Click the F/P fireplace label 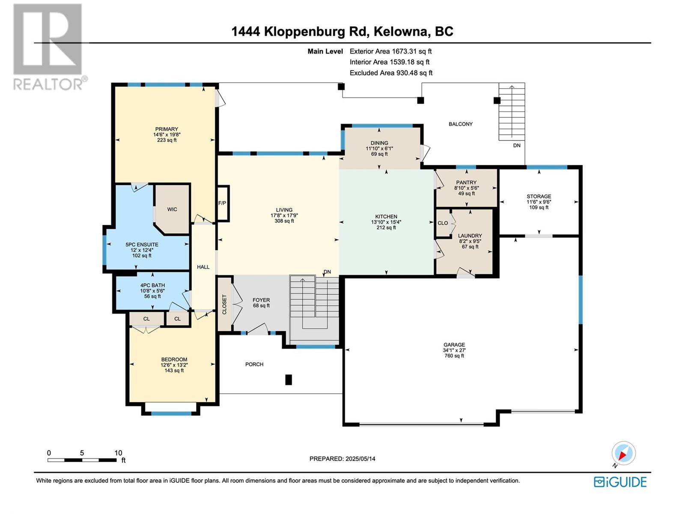tap(222, 203)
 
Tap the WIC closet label tap(172, 209)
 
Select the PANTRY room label tap(466, 182)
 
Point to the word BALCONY tap(460, 124)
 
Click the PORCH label tap(254, 364)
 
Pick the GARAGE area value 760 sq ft tap(454, 356)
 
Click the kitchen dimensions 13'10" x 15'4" tap(386, 222)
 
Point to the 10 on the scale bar tap(118, 453)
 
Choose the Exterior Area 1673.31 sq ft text tap(391, 51)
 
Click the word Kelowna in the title tap(400, 32)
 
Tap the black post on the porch tap(289, 380)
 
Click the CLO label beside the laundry tap(443, 223)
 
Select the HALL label tap(203, 267)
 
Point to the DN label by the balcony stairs tap(516, 145)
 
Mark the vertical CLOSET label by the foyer tap(224, 305)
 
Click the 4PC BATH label tap(152, 285)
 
